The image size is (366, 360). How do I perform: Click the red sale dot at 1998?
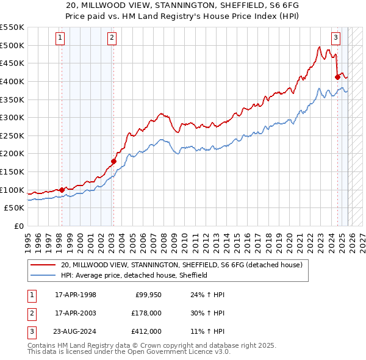[62, 190]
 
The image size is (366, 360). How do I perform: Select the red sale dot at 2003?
[113, 161]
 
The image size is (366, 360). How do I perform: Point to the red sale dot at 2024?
[337, 76]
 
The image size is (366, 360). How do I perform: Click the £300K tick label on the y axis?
[12, 117]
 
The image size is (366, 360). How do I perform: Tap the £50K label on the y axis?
[15, 208]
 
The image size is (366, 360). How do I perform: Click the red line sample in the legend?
[43, 265]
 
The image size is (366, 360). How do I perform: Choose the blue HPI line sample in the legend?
[43, 275]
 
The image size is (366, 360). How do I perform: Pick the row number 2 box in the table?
[32, 313]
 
